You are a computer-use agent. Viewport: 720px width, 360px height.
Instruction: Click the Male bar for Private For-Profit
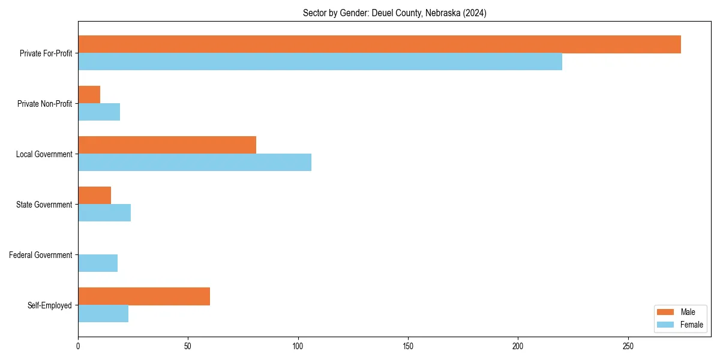(x=379, y=44)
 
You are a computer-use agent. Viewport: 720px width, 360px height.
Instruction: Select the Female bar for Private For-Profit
(x=320, y=62)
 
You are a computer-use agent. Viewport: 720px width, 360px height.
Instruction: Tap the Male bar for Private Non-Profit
(x=89, y=95)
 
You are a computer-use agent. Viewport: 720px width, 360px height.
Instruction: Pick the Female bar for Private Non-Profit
(x=99, y=112)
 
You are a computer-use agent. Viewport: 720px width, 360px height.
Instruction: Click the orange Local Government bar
(x=167, y=145)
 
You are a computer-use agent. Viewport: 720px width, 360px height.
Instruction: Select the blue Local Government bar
(x=194, y=163)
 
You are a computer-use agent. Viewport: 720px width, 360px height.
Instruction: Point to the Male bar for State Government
(x=94, y=196)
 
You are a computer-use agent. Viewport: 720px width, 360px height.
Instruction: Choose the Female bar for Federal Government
(x=98, y=263)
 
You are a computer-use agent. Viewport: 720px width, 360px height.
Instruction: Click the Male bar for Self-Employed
(x=144, y=296)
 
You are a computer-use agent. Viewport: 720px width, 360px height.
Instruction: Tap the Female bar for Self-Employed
(x=103, y=314)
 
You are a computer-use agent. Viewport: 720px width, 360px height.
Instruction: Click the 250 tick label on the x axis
(x=628, y=347)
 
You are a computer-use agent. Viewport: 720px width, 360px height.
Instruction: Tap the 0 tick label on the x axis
(x=78, y=347)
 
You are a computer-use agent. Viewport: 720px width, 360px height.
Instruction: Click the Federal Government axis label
(x=41, y=255)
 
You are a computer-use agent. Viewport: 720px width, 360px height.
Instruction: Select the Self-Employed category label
(x=50, y=305)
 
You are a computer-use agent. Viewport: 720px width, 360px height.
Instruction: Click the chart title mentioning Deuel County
(x=394, y=13)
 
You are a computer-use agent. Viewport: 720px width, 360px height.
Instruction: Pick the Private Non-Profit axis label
(x=44, y=104)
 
